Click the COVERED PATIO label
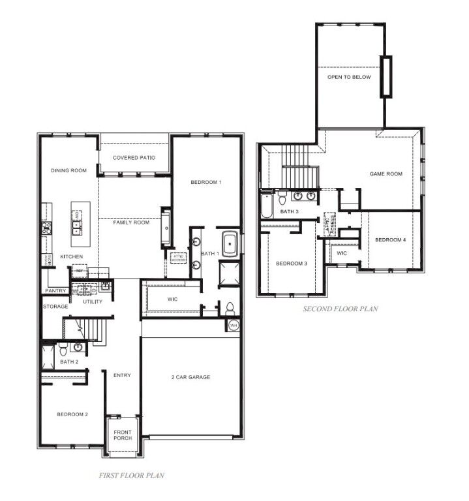133,158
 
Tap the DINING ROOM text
68,170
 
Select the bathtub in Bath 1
230,244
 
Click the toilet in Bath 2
63,351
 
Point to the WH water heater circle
234,325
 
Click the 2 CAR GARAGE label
190,377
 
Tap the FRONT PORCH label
123,435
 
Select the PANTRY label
55,291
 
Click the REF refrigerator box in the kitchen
79,270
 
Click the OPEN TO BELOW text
349,77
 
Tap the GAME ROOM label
386,174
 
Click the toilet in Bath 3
282,197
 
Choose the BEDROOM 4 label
391,240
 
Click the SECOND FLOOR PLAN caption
340,309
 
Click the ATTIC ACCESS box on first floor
177,256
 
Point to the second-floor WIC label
342,252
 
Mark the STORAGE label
55,306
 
